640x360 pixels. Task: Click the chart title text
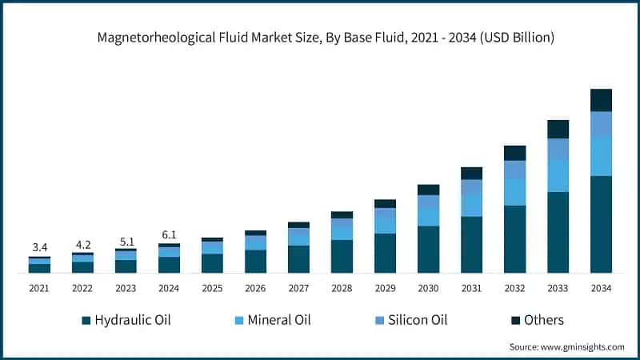tap(320, 38)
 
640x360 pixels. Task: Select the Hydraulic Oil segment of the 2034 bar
tap(601, 224)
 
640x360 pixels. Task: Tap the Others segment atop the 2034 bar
tap(601, 100)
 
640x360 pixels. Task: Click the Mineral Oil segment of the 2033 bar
tap(558, 175)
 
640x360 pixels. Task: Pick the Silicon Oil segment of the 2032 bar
tap(514, 170)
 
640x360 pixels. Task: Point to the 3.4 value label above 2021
tap(39, 247)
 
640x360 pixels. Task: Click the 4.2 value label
tap(82, 243)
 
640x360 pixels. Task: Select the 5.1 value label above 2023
tap(126, 240)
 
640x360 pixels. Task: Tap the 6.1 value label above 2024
tap(169, 234)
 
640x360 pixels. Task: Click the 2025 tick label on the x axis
tap(212, 287)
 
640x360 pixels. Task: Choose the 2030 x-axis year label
tap(428, 287)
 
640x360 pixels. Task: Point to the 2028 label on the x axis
tap(342, 287)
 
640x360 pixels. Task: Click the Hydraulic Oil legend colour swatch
tap(86, 321)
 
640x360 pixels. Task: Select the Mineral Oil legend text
tap(278, 320)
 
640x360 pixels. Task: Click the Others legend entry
tap(543, 320)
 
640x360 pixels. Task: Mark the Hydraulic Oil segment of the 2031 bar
tap(471, 244)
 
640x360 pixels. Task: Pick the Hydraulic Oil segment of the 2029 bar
tap(385, 253)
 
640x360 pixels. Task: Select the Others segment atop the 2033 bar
tap(558, 129)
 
